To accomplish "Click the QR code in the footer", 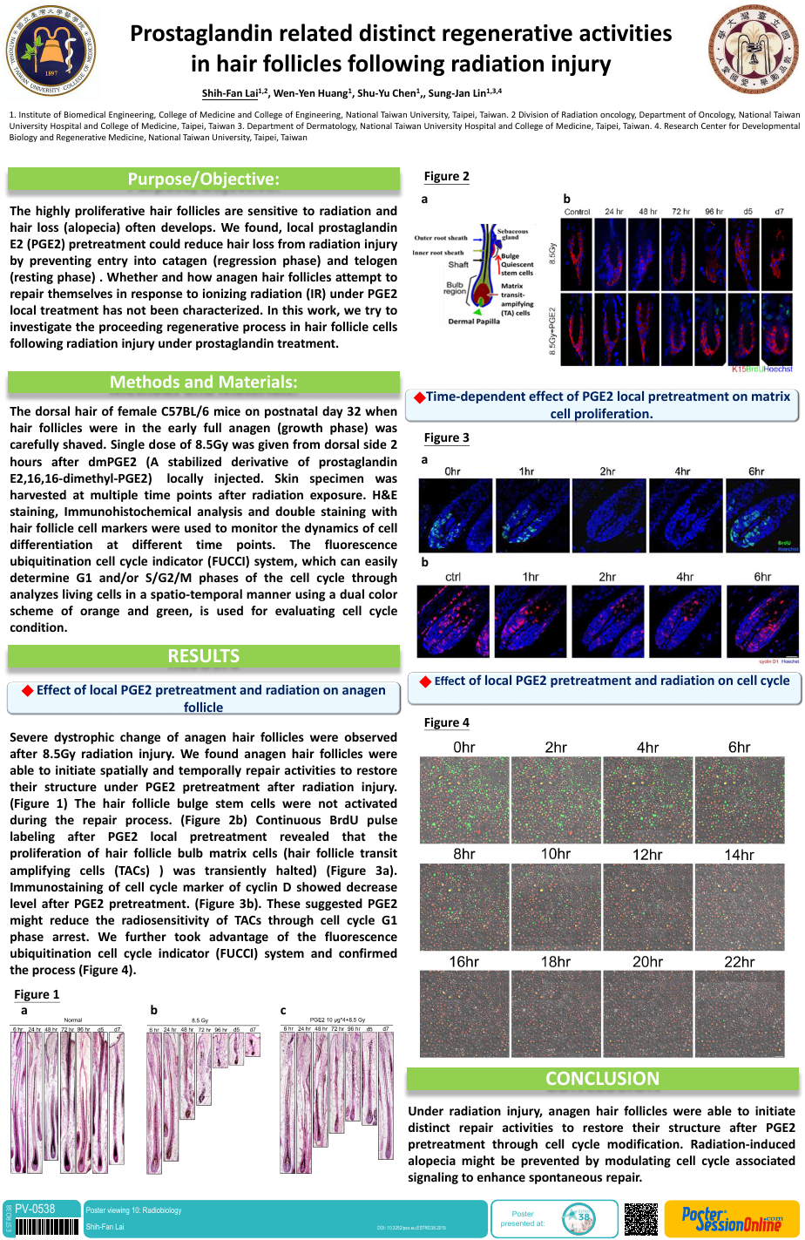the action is [641, 1218].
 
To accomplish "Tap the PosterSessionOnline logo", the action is [731, 1218].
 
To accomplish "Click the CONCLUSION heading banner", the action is [602, 1079].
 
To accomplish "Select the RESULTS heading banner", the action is [203, 656].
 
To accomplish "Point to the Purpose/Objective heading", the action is [203, 179].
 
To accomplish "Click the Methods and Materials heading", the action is [203, 382].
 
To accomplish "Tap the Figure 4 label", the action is [446, 722].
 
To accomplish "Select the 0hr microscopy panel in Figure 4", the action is [464, 800].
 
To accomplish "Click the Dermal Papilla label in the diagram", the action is [473, 322].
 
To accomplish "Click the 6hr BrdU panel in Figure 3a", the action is [762, 516].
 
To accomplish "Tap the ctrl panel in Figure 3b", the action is [453, 620].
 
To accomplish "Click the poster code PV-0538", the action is [35, 1209].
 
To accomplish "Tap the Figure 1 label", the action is [37, 994].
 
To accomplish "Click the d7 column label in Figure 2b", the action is [778, 212].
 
